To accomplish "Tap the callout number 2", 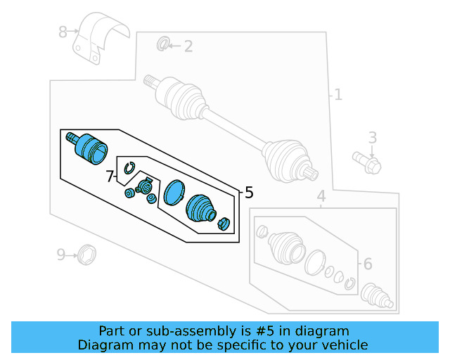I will [188, 47].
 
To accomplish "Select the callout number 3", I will [373, 137].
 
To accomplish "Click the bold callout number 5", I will [248, 192].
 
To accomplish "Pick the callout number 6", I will [367, 264].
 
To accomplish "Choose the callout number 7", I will [110, 176].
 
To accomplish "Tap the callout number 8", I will [63, 32].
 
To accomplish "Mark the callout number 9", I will [61, 254].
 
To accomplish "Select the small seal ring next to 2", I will [162, 45].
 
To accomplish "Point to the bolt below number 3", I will [367, 163].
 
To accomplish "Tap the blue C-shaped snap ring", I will [129, 167].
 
